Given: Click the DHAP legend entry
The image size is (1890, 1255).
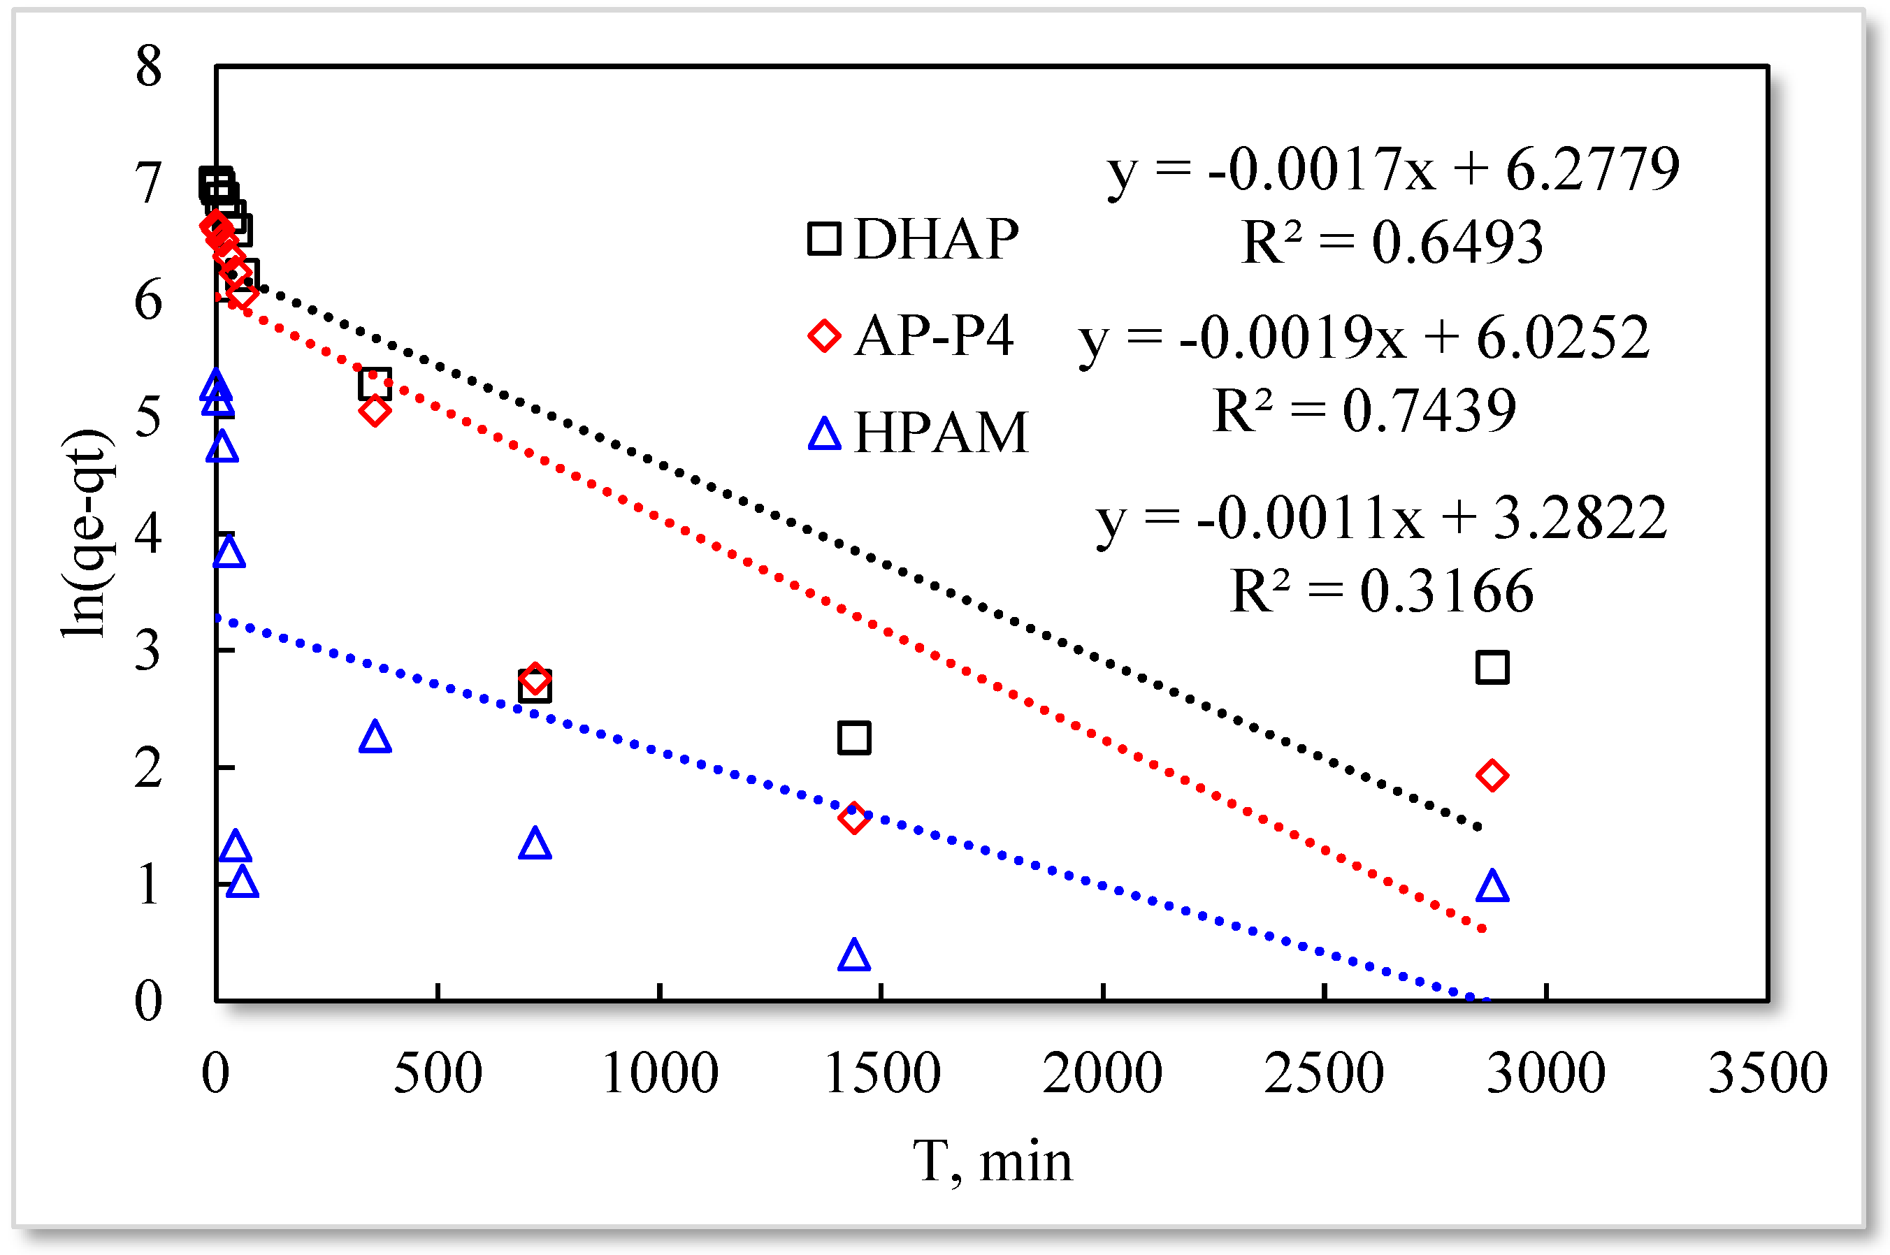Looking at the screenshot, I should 913,238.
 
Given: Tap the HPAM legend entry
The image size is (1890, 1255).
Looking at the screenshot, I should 917,433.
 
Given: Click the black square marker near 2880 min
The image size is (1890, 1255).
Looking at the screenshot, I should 1492,667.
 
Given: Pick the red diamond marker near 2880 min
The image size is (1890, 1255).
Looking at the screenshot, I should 1492,776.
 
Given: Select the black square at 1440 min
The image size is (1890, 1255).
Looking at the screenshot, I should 854,737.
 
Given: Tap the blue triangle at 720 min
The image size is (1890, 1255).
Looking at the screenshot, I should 535,843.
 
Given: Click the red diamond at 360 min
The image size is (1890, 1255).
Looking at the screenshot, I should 375,412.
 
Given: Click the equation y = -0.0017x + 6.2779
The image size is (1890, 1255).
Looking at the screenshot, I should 1393,170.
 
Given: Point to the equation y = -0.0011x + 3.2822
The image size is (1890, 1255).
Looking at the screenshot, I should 1382,518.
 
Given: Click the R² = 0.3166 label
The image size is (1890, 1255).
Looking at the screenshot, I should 1382,590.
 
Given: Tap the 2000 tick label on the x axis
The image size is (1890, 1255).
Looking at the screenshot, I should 1102,1073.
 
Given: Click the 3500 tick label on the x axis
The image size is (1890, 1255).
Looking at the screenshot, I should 1768,1073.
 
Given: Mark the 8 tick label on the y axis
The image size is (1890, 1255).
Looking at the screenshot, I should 149,66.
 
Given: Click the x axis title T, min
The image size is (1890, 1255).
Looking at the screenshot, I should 992,1161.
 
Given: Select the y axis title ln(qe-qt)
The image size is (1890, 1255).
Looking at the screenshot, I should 87,533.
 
